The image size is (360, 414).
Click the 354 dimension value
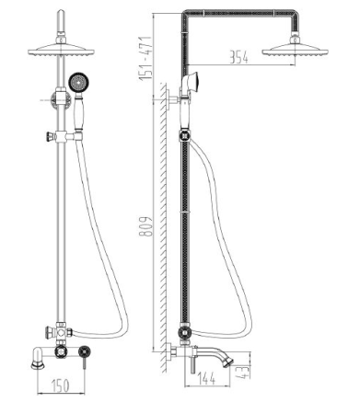coord(238,57)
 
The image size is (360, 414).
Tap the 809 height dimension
coord(146,226)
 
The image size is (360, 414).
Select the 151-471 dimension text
coord(145,59)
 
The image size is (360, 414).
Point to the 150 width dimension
coord(61,385)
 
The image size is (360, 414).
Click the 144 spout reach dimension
coord(206,378)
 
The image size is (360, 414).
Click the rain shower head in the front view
coord(61,51)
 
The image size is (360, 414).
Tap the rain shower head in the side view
coord(296,51)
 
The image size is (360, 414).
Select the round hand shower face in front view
coord(79,82)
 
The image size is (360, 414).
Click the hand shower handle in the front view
coord(78,112)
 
